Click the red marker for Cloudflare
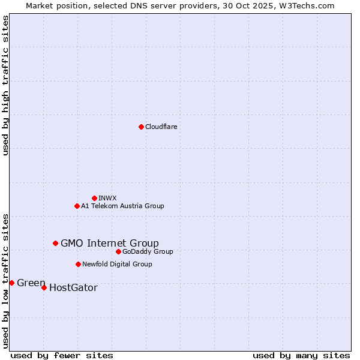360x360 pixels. (x=141, y=127)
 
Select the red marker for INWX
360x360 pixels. (x=94, y=198)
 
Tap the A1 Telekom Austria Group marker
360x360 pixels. (x=77, y=206)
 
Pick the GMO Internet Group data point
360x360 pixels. (x=55, y=243)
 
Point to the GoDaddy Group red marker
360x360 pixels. (x=118, y=251)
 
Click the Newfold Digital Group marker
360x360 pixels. (x=78, y=264)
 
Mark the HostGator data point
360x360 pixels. (x=44, y=287)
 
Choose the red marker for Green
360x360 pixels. (x=11, y=283)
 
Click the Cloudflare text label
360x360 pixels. (x=161, y=127)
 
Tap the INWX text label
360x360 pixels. (x=107, y=198)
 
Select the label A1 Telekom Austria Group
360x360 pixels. (x=122, y=206)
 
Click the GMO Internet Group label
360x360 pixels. (x=110, y=243)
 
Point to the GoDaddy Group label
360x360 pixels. (x=148, y=251)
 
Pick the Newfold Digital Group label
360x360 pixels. (x=117, y=264)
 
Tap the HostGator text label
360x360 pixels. (x=73, y=288)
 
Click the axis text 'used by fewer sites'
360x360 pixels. (x=62, y=355)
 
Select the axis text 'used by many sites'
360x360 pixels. (x=301, y=355)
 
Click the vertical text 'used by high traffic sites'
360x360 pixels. (x=5, y=85)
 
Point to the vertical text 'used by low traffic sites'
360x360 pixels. (x=5, y=280)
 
